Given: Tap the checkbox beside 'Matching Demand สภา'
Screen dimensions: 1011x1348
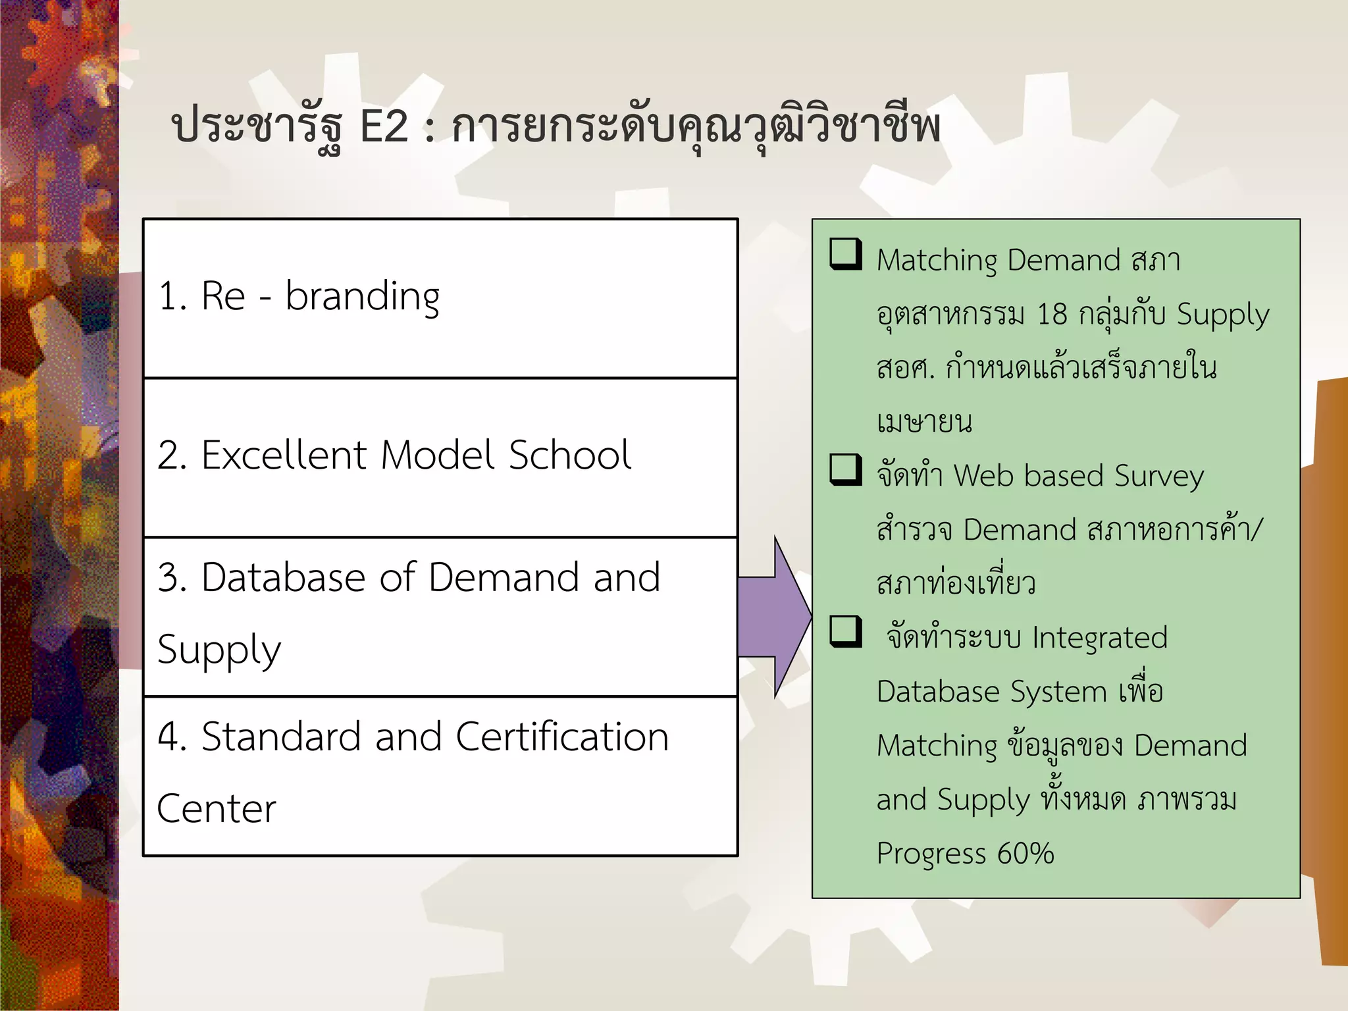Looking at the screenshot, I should pyautogui.click(x=846, y=254).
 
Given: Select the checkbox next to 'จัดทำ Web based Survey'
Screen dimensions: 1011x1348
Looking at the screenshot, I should pyautogui.click(x=846, y=470).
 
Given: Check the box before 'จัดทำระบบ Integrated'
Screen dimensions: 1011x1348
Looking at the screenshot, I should pyautogui.click(x=846, y=632).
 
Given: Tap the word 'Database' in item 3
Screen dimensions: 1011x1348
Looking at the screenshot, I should pyautogui.click(x=283, y=577).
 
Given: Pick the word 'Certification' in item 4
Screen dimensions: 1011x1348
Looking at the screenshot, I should pyautogui.click(x=561, y=737).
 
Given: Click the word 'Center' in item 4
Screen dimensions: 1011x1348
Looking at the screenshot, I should pyautogui.click(x=217, y=809).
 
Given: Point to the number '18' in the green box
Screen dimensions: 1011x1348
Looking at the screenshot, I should pyautogui.click(x=1051, y=314).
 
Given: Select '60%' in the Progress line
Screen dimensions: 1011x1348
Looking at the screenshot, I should pyautogui.click(x=1025, y=854).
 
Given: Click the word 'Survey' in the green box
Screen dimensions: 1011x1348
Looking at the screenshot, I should pyautogui.click(x=1159, y=477).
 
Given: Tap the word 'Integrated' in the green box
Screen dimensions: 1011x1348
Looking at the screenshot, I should pyautogui.click(x=1099, y=638).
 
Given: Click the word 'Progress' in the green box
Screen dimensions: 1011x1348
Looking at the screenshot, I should pyautogui.click(x=931, y=854).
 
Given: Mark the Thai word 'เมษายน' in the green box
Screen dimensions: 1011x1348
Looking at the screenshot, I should pyautogui.click(x=924, y=422).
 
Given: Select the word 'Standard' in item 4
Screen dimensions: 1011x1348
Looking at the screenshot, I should pyautogui.click(x=281, y=737).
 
